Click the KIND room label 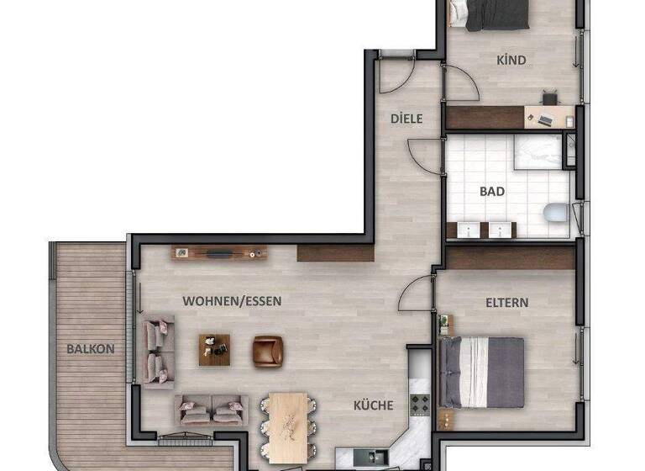click(511, 60)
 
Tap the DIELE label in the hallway click(406, 119)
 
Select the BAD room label click(492, 191)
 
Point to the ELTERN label click(506, 302)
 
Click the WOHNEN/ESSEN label click(232, 300)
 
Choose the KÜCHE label click(373, 405)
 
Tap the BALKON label click(91, 348)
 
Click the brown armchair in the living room click(269, 350)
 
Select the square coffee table click(214, 349)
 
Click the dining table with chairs click(288, 418)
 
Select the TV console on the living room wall click(220, 251)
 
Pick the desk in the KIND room click(548, 115)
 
